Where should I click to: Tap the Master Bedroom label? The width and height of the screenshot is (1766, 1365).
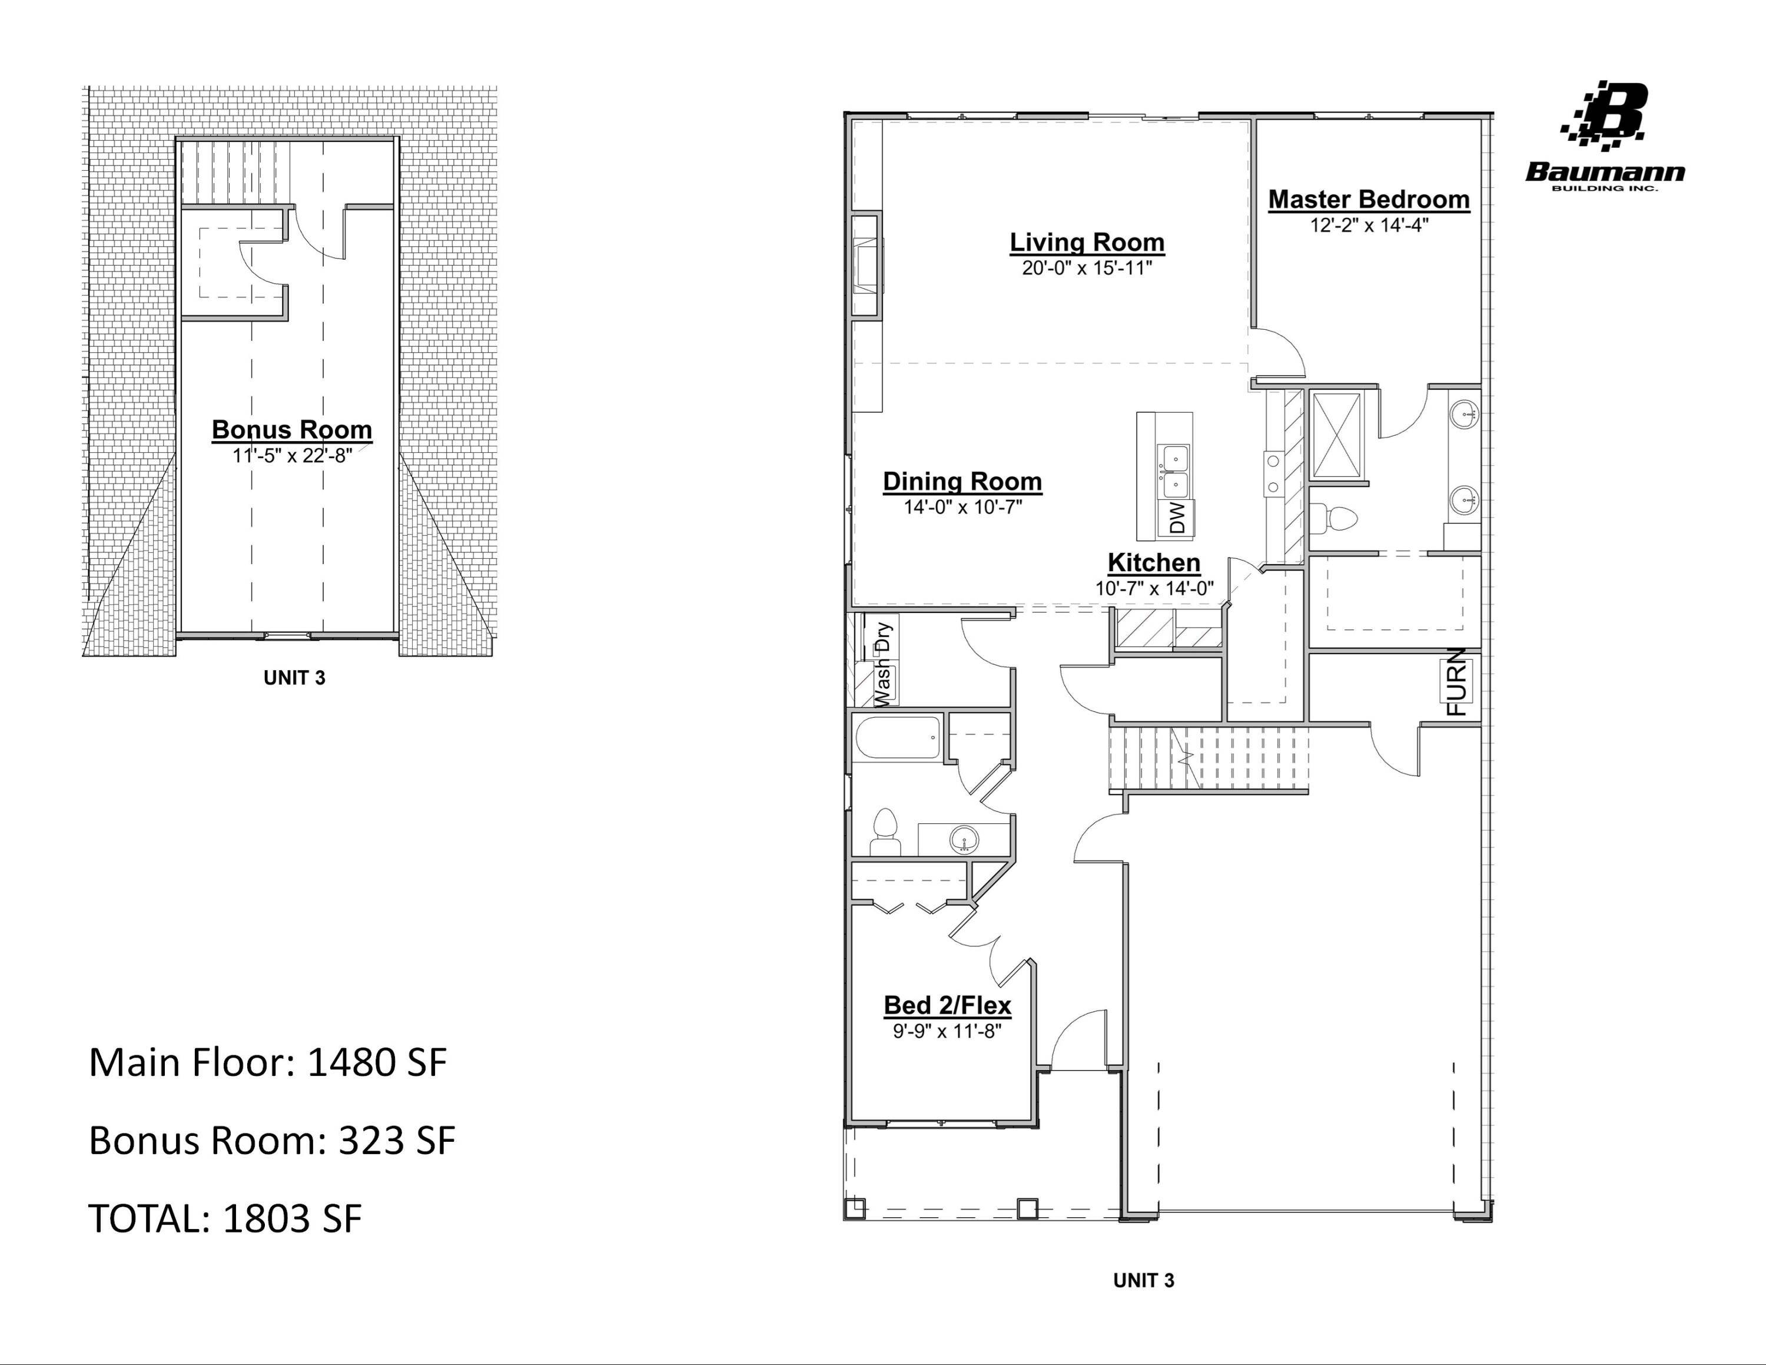click(1368, 199)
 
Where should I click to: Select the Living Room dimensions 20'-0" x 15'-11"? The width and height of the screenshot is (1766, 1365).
click(1086, 269)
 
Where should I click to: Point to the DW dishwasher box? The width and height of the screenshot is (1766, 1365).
click(1177, 518)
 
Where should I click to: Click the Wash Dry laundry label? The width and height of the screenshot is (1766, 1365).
click(883, 663)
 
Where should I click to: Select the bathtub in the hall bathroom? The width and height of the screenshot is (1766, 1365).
click(898, 737)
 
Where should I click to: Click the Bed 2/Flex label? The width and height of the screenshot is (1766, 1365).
click(947, 1005)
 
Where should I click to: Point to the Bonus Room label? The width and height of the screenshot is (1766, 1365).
click(292, 429)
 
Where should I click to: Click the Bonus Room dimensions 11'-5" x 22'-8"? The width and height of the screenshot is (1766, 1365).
click(292, 456)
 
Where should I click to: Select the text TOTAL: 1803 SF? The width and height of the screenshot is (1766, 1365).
click(225, 1218)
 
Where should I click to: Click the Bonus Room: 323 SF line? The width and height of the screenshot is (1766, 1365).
click(272, 1140)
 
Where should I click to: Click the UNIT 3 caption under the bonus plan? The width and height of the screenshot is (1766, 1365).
click(294, 678)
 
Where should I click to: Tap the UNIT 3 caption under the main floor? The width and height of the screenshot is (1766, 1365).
click(1143, 1280)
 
